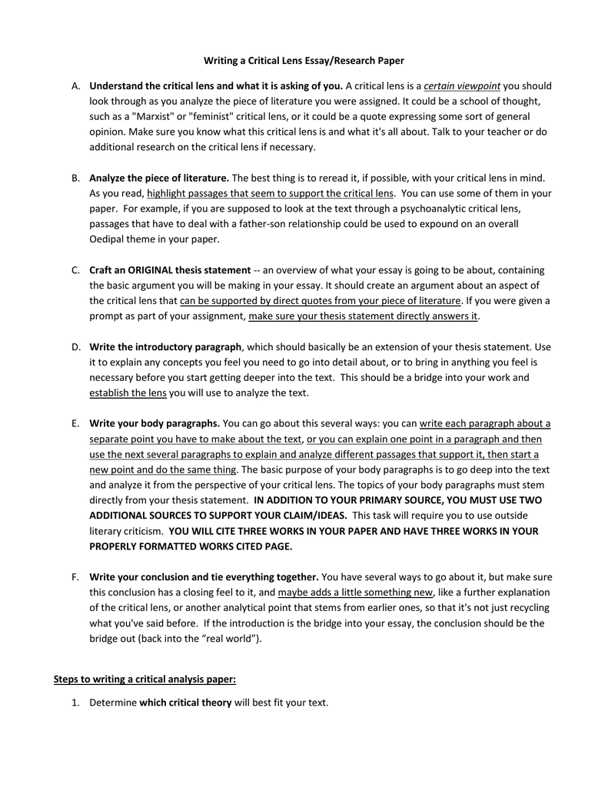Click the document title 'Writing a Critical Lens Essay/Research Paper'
[303, 60]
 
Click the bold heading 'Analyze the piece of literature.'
[159, 178]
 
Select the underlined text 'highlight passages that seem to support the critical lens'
[271, 193]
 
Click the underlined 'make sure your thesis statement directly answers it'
[363, 316]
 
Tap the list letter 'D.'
[76, 347]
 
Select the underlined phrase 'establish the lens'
[128, 393]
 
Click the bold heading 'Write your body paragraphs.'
[154, 423]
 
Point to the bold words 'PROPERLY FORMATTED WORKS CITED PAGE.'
[191, 546]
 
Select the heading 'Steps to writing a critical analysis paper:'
[145, 679]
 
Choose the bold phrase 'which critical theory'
[185, 703]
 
